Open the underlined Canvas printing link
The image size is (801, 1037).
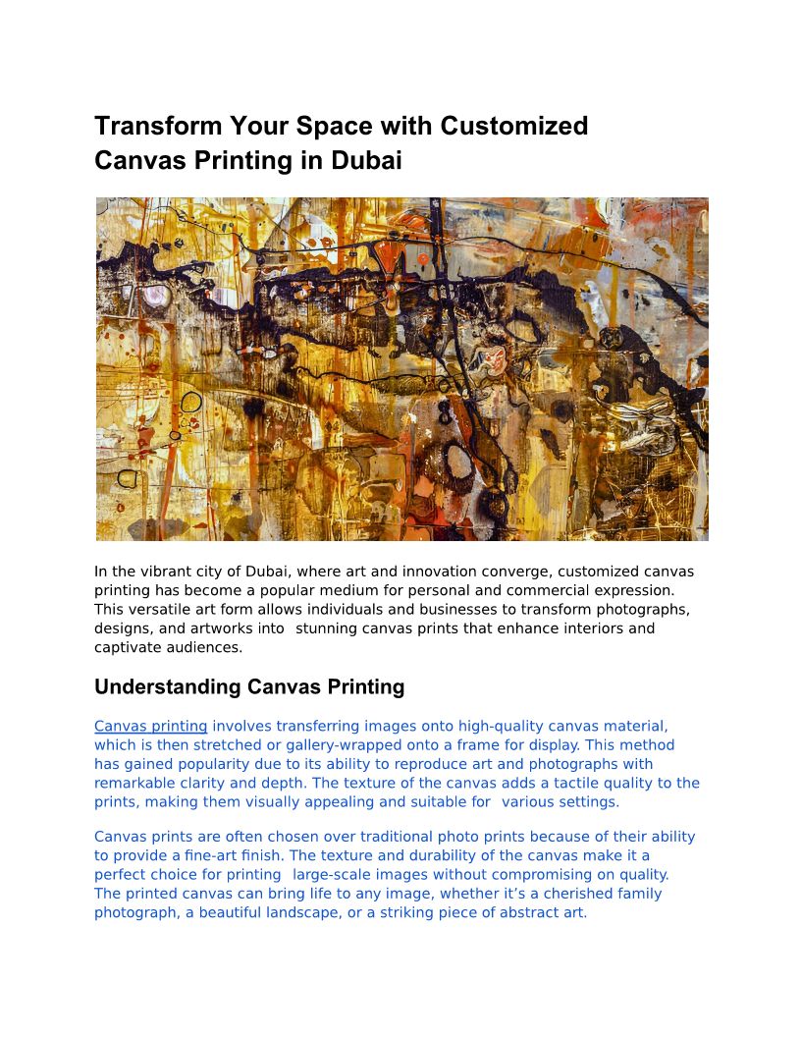[x=150, y=727]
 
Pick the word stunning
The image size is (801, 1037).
[x=328, y=628]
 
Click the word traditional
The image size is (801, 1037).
[x=392, y=838]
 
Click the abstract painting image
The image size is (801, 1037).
[x=401, y=369]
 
